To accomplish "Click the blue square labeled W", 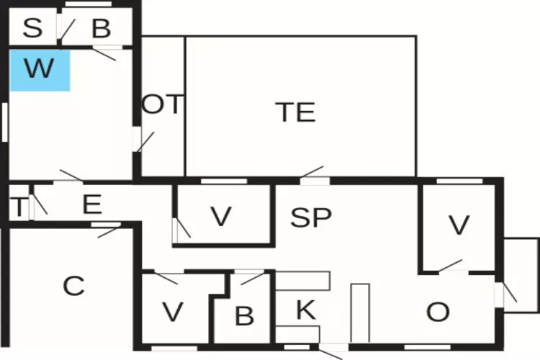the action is [x=40, y=71].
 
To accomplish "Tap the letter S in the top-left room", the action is [x=32, y=28].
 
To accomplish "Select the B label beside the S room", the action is [x=102, y=28].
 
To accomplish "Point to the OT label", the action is [x=162, y=104].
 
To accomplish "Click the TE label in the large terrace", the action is [x=296, y=112].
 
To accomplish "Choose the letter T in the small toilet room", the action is [x=19, y=207].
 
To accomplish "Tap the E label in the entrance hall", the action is [x=92, y=204].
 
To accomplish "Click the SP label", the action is [x=310, y=217].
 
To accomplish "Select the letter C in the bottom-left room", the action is [x=73, y=286].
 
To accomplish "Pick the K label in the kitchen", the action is [x=306, y=310].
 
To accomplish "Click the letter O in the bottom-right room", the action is [x=438, y=312].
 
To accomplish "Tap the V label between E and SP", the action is [x=221, y=217].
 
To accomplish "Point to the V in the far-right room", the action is [x=459, y=225].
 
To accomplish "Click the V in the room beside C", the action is [x=173, y=312].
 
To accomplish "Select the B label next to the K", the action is [x=245, y=316].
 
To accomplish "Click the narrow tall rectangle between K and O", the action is [x=360, y=312].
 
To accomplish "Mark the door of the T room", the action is [x=39, y=206].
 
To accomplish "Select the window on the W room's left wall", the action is [x=5, y=122].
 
